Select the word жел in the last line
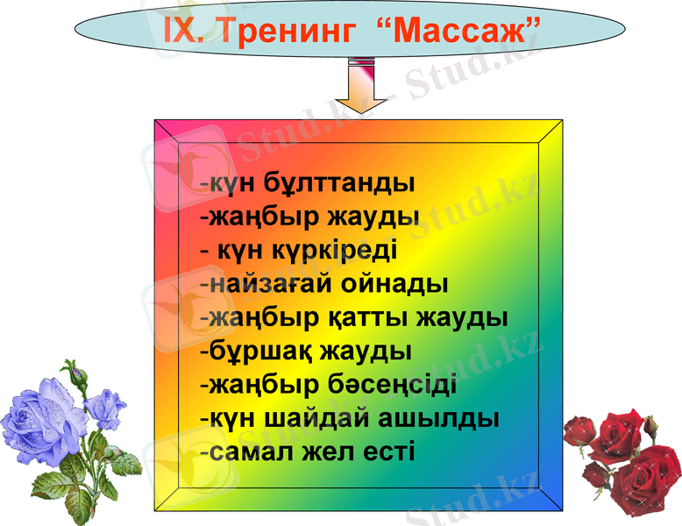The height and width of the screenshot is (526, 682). coord(322,451)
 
